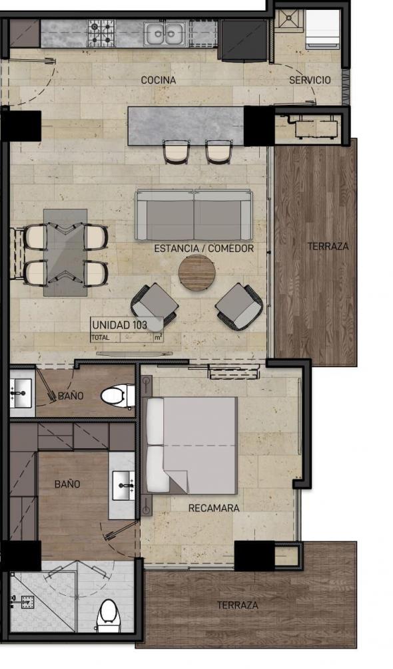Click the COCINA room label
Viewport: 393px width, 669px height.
click(x=159, y=80)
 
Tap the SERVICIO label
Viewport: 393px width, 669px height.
click(x=310, y=80)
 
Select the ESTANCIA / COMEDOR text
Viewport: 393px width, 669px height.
click(x=204, y=248)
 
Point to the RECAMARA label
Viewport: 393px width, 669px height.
click(x=214, y=508)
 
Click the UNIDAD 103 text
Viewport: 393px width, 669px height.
click(x=119, y=325)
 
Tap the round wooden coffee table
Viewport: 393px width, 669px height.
click(x=196, y=273)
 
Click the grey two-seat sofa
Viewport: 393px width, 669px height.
click(x=194, y=215)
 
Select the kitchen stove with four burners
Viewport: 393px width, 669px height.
click(x=101, y=33)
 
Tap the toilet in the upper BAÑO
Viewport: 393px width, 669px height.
click(x=117, y=396)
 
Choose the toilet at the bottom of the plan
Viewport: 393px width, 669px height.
click(x=107, y=616)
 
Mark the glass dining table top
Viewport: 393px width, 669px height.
click(x=65, y=253)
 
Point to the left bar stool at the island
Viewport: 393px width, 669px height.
click(x=177, y=152)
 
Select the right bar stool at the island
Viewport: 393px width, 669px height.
click(x=218, y=152)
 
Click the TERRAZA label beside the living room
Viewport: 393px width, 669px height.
click(x=328, y=246)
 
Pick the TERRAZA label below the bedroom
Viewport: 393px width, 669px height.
click(x=237, y=605)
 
